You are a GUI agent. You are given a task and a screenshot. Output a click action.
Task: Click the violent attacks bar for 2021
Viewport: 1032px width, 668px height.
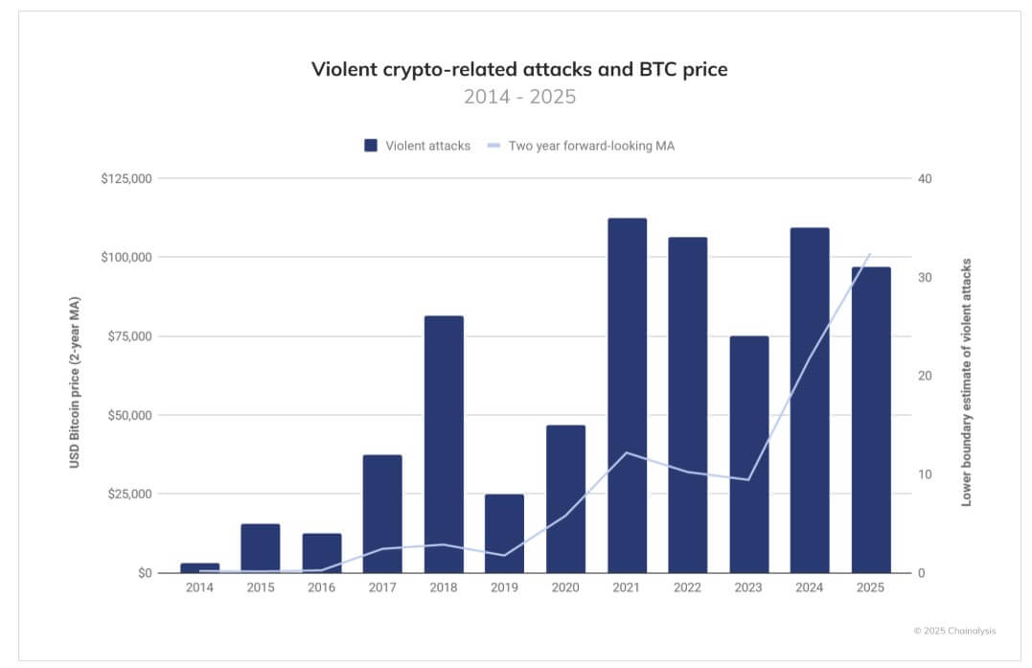click(627, 395)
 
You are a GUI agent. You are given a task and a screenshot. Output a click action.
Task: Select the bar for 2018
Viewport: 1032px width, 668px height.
click(444, 444)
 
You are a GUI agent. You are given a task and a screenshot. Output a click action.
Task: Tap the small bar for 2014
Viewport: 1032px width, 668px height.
click(199, 567)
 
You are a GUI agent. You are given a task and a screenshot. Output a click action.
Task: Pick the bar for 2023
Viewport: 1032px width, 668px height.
click(748, 454)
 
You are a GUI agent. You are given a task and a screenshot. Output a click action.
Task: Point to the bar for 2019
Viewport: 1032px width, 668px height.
click(504, 533)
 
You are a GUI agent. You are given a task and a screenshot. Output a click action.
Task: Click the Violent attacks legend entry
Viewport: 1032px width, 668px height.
click(417, 146)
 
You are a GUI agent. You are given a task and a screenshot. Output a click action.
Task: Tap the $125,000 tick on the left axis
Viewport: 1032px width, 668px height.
click(126, 179)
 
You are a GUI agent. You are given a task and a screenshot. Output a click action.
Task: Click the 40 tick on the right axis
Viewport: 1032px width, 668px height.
click(925, 179)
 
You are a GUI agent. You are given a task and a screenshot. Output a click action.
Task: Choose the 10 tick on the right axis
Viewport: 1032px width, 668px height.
click(925, 474)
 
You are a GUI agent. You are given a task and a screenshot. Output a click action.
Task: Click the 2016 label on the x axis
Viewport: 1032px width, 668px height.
click(321, 587)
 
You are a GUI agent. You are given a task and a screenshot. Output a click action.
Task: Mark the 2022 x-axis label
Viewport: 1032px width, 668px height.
click(687, 587)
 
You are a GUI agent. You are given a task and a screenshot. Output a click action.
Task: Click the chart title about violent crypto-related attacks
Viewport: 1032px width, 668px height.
click(519, 69)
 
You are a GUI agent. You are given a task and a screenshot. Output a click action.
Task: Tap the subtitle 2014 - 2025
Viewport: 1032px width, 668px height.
click(519, 97)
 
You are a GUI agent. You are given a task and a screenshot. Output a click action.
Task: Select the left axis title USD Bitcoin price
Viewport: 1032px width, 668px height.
click(74, 382)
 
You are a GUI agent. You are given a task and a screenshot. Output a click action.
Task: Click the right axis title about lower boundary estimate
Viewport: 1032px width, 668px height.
click(966, 381)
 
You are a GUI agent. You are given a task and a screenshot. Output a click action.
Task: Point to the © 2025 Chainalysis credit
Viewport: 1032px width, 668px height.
click(953, 630)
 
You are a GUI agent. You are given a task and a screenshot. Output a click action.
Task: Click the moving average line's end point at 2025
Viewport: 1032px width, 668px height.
click(870, 254)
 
